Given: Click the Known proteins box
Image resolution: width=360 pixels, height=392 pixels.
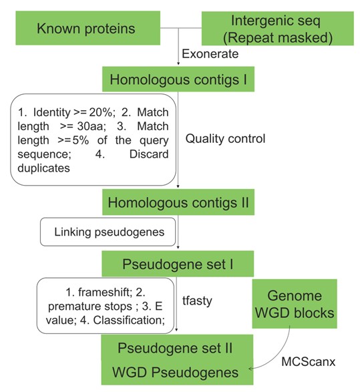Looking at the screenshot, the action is [87, 28].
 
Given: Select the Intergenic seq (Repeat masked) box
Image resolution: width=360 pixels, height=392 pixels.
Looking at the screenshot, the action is [277, 29].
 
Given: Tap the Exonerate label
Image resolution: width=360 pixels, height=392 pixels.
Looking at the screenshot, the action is [210, 54].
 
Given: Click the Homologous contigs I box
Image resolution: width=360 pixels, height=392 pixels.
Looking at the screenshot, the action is [178, 79].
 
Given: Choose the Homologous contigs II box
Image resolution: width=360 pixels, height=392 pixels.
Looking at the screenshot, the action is [178, 202].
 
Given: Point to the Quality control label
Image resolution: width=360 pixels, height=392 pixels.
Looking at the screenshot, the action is [225, 138].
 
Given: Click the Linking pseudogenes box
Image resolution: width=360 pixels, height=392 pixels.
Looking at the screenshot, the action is [108, 232].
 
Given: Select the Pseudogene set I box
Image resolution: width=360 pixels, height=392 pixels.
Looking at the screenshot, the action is [178, 264].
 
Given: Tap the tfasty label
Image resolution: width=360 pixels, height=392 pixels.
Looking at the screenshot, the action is [197, 301].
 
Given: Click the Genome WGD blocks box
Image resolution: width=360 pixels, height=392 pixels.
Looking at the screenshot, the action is [295, 304].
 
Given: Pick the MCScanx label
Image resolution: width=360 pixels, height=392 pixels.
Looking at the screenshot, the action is [309, 361].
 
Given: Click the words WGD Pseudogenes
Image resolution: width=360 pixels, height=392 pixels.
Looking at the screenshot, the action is [175, 372].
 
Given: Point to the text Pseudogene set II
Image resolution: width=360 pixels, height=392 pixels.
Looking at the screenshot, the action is [175, 348].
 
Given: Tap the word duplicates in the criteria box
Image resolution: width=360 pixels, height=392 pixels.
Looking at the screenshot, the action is [44, 168].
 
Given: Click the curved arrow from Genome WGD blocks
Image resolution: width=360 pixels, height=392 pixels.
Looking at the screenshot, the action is [279, 355].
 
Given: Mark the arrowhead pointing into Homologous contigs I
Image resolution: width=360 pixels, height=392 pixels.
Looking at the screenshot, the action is [178, 63].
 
